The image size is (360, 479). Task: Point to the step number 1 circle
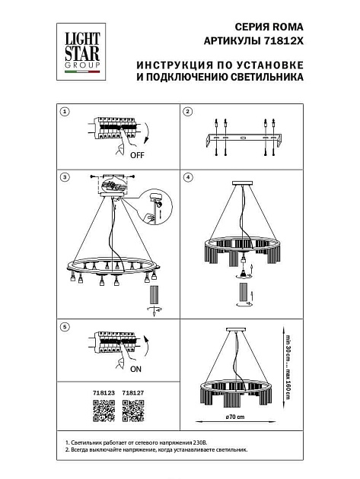(65, 111)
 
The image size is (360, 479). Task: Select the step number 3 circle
(65, 177)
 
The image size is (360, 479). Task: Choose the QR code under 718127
(133, 411)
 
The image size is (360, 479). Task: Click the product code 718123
(103, 394)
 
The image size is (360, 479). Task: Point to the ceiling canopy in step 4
(244, 182)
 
